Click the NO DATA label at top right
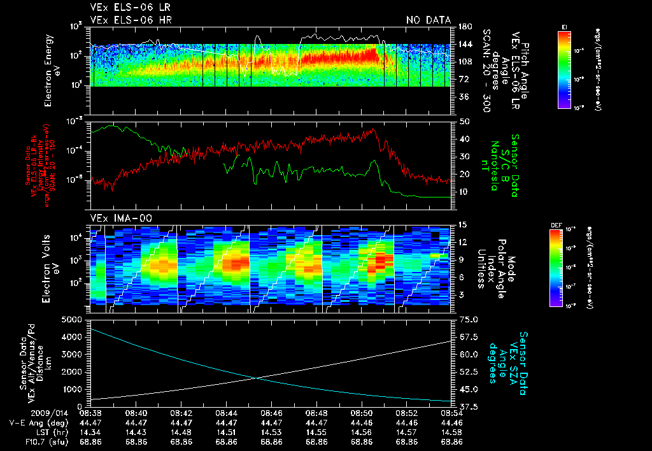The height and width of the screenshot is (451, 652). click(x=429, y=20)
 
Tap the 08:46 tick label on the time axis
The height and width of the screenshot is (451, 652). click(x=272, y=413)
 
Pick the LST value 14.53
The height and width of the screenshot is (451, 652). click(x=272, y=431)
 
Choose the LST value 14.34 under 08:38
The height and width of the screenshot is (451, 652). click(x=92, y=431)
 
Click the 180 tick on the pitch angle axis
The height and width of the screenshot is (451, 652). click(x=464, y=27)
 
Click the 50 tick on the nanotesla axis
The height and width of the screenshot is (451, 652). click(x=464, y=121)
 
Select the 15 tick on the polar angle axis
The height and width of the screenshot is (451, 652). click(x=462, y=225)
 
